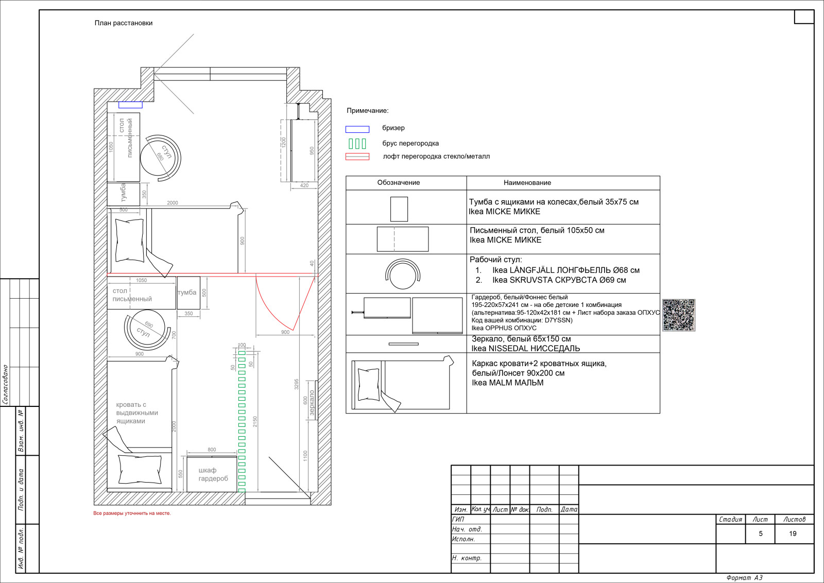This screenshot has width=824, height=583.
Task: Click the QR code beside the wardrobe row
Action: (x=679, y=315)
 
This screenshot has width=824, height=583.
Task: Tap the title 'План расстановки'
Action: (x=124, y=23)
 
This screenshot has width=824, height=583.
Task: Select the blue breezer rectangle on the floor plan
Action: (x=130, y=105)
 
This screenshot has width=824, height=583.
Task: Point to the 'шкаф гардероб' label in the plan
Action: (x=213, y=474)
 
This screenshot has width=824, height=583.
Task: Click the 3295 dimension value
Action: (x=297, y=384)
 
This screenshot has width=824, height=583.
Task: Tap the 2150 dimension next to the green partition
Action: (x=255, y=421)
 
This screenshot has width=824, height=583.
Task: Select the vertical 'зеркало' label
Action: (x=312, y=403)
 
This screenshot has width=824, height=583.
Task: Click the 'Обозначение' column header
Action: (x=399, y=182)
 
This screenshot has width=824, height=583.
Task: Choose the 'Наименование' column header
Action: (x=527, y=182)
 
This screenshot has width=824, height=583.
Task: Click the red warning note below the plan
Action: (x=132, y=513)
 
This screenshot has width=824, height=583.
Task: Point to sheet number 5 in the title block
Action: (x=760, y=534)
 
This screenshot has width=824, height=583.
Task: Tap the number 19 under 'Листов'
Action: (x=793, y=534)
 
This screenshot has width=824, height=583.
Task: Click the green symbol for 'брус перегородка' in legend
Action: (x=357, y=144)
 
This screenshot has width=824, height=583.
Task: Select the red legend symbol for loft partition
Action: (x=357, y=157)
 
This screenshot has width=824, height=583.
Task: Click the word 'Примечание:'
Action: (x=368, y=110)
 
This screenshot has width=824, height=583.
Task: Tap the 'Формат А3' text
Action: (x=744, y=578)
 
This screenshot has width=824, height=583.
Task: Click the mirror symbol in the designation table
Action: (x=404, y=344)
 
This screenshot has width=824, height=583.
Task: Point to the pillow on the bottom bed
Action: (x=140, y=469)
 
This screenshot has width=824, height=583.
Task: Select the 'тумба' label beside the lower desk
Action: (x=187, y=293)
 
